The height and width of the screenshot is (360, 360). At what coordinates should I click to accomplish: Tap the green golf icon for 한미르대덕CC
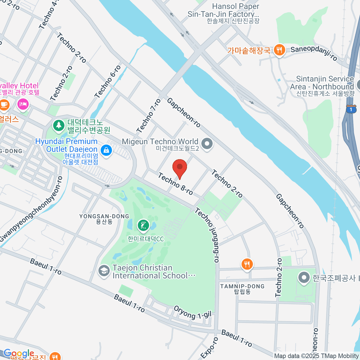(143, 226)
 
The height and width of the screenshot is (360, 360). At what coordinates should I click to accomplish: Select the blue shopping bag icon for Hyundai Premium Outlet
(106, 150)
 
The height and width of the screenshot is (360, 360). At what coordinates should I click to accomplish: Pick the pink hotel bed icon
(23, 104)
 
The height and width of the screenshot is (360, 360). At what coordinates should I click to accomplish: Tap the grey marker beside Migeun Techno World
(206, 144)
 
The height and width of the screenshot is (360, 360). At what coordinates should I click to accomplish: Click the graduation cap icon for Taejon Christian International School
(104, 271)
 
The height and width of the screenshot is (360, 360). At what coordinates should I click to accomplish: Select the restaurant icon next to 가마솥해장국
(279, 50)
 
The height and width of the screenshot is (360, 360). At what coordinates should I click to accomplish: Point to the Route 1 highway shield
(351, 109)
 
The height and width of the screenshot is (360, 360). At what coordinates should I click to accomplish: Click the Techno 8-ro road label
(175, 184)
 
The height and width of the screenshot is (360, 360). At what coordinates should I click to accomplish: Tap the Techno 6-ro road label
(108, 82)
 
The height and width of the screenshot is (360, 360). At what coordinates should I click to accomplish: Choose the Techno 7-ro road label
(149, 116)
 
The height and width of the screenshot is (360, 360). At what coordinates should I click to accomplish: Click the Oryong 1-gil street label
(193, 312)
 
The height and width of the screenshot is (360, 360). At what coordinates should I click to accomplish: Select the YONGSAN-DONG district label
(104, 216)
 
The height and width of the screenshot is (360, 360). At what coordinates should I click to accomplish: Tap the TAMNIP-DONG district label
(242, 286)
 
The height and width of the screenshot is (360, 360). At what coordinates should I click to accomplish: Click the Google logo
(19, 353)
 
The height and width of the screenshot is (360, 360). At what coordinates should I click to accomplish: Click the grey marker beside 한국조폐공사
(304, 278)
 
